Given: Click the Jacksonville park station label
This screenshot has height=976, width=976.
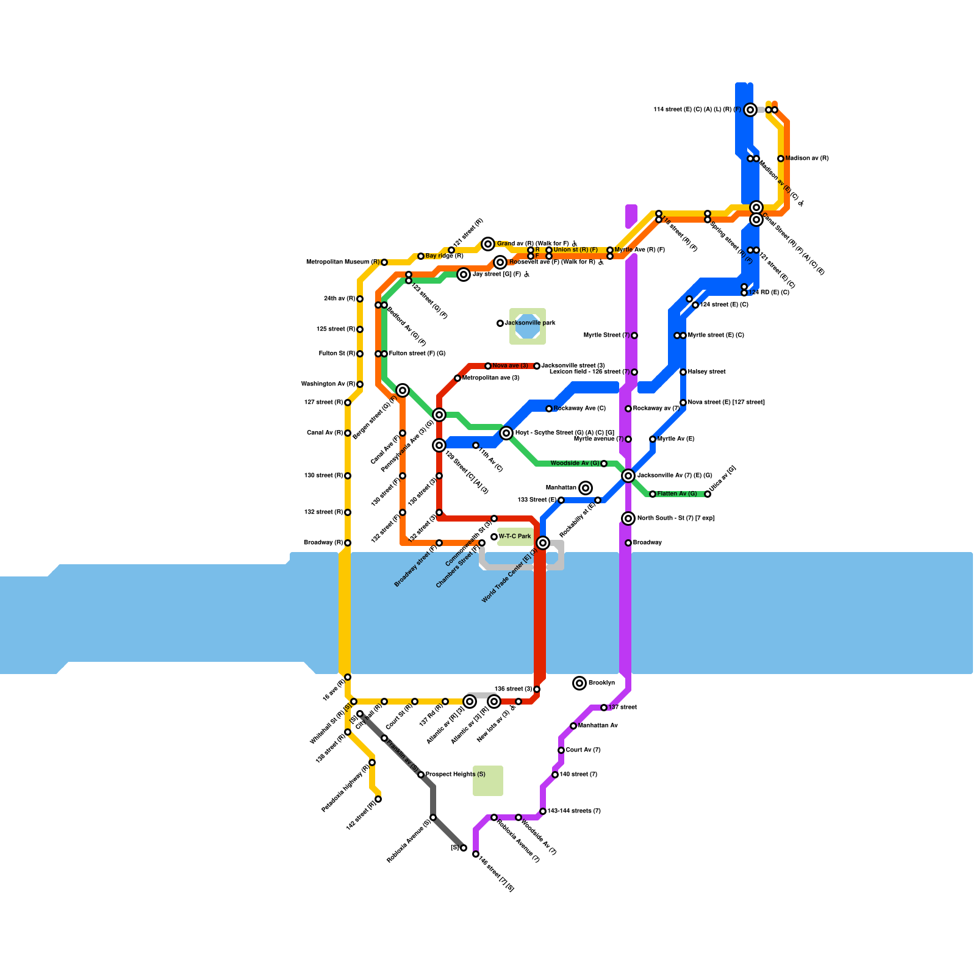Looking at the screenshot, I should pyautogui.click(x=529, y=323).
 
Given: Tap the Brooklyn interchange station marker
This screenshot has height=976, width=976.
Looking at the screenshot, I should pyautogui.click(x=579, y=683).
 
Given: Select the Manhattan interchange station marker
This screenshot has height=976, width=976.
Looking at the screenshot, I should pyautogui.click(x=586, y=488).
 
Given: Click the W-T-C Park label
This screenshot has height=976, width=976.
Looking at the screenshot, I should pyautogui.click(x=515, y=537).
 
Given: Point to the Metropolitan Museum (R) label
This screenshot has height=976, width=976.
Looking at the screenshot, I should pyautogui.click(x=343, y=262).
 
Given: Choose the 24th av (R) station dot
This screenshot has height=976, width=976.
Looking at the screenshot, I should pyautogui.click(x=360, y=299).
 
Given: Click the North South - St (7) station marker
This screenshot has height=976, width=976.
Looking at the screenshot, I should pyautogui.click(x=628, y=518).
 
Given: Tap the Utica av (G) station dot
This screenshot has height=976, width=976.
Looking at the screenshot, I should pyautogui.click(x=708, y=494).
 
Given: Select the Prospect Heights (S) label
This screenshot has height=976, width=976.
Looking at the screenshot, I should pyautogui.click(x=455, y=775).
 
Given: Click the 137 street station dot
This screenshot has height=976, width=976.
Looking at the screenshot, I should pyautogui.click(x=604, y=708).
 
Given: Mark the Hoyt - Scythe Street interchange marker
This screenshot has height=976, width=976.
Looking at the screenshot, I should pyautogui.click(x=506, y=433).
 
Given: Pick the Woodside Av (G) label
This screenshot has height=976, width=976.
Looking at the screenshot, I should pyautogui.click(x=575, y=464).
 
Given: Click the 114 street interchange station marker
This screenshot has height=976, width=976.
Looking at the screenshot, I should pyautogui.click(x=750, y=110).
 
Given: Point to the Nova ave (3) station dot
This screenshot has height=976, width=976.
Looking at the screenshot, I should pyautogui.click(x=488, y=366).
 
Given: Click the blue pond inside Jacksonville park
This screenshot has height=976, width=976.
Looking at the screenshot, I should pyautogui.click(x=528, y=326).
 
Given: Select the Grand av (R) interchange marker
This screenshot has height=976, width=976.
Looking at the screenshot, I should pyautogui.click(x=488, y=244).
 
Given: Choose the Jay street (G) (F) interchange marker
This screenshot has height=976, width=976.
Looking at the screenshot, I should pyautogui.click(x=464, y=274).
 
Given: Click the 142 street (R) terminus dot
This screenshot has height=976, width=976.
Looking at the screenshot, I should pyautogui.click(x=378, y=799).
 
